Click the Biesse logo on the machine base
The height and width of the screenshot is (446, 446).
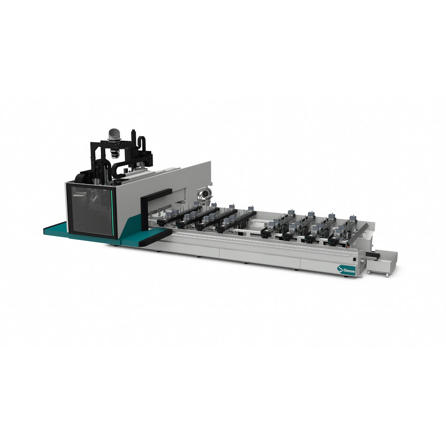[346, 269]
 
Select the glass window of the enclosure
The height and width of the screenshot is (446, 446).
[92, 209]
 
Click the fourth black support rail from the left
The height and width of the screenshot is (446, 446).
[237, 221]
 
